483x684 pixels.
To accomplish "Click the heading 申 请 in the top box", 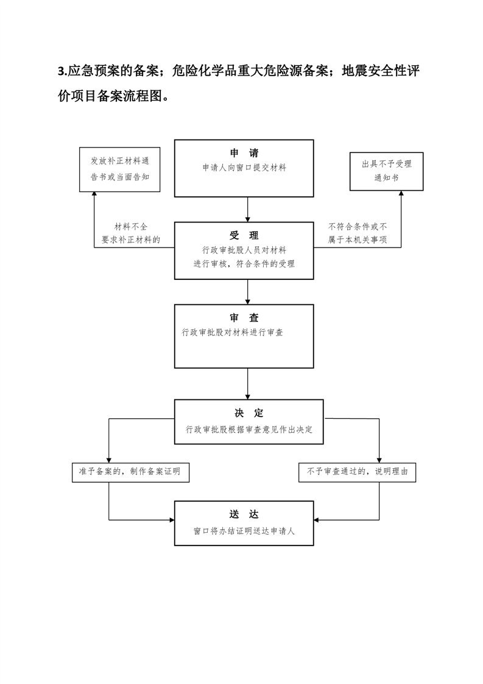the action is (x=244, y=153).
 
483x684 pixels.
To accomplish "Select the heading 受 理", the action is (x=244, y=235).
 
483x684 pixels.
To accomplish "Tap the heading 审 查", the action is (x=244, y=318).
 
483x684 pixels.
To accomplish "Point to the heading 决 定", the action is (x=249, y=413).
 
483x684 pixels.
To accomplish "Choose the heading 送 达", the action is (x=244, y=515).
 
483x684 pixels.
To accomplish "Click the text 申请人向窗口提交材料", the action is (x=244, y=168).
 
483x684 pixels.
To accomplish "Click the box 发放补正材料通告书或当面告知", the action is (x=119, y=169).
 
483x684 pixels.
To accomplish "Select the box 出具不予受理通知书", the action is (x=386, y=171).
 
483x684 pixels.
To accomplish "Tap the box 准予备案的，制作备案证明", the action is (x=130, y=472).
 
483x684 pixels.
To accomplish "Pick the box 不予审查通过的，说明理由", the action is (x=357, y=472).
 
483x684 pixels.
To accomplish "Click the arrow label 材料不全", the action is (x=131, y=227).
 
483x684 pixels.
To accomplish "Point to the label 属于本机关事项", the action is (x=358, y=240).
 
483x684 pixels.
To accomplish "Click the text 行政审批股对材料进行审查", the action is (x=232, y=332).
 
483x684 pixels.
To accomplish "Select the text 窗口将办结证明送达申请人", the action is (x=244, y=532).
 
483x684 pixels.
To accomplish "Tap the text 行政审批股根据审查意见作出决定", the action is (x=249, y=430).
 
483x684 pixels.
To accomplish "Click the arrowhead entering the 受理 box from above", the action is (x=248, y=219).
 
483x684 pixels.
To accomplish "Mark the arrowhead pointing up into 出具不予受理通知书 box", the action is (x=401, y=193).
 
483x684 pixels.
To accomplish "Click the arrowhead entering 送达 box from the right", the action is (x=317, y=520).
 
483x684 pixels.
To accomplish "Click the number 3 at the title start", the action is (x=60, y=71).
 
